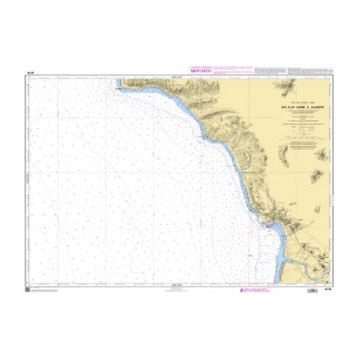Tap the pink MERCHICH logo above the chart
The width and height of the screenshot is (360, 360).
(x=199, y=68)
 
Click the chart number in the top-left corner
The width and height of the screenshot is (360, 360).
(x=29, y=72)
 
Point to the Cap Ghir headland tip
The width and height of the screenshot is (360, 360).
(x=119, y=83)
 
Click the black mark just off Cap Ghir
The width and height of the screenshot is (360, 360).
(x=119, y=89)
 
